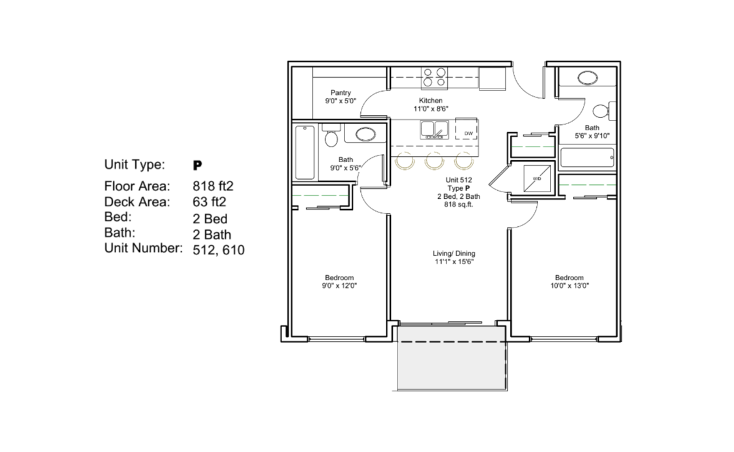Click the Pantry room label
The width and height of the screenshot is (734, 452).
tap(341, 93)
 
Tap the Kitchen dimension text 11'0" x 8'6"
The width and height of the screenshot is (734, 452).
tap(431, 109)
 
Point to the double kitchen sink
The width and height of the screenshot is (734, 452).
tap(434, 129)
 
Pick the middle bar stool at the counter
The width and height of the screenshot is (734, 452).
tap(434, 161)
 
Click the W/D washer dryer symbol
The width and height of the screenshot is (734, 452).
tap(537, 179)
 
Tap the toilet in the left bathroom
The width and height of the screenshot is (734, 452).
tap(331, 136)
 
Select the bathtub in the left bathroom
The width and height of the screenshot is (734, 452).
tap(305, 152)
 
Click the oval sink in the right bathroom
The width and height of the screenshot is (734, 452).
tap(588, 78)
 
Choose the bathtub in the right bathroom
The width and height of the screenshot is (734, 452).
tap(587, 158)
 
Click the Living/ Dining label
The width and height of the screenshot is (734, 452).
tap(454, 253)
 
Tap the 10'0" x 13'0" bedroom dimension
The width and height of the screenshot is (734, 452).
tap(569, 286)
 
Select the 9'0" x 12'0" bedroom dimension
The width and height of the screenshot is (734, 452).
tap(339, 286)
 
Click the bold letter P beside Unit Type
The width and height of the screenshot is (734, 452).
tap(197, 165)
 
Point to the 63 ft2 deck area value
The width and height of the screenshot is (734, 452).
tap(209, 202)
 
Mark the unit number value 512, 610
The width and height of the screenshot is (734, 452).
tap(218, 250)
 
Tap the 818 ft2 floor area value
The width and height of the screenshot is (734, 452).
tap(213, 186)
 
